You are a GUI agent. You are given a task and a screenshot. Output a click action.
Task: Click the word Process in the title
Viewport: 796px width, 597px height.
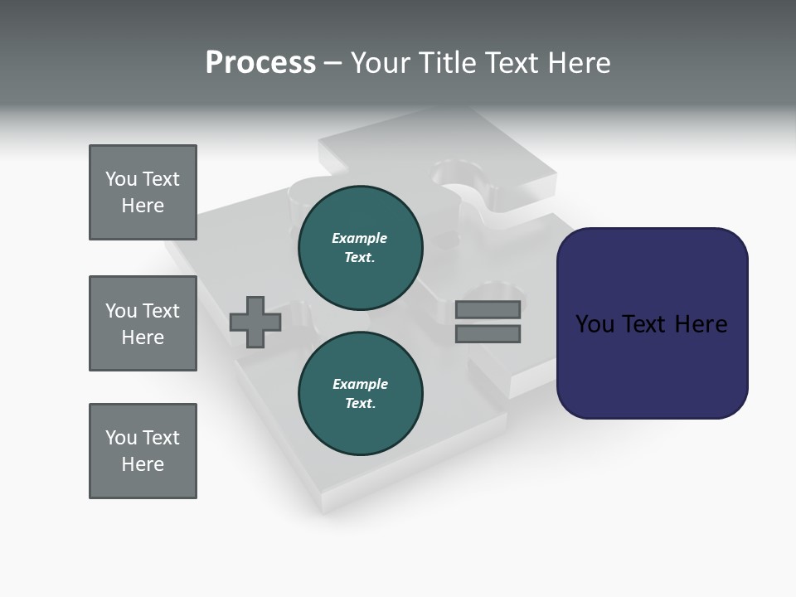pyautogui.click(x=260, y=63)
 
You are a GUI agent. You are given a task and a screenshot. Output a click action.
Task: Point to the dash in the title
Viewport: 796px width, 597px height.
pyautogui.click(x=333, y=64)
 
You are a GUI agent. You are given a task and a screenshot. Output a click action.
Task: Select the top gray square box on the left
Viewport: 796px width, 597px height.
pyautogui.click(x=143, y=192)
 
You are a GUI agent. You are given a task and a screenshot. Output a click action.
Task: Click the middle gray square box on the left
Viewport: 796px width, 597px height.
pyautogui.click(x=143, y=323)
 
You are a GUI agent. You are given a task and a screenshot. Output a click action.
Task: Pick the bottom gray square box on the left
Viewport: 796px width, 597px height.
pyautogui.click(x=143, y=451)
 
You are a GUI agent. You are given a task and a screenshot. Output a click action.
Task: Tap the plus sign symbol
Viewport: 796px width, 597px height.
pyautogui.click(x=255, y=322)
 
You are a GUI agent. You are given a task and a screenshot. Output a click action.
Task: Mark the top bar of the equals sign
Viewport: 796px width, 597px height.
pyautogui.click(x=488, y=309)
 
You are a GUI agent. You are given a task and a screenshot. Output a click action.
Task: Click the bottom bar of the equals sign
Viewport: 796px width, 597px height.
pyautogui.click(x=488, y=334)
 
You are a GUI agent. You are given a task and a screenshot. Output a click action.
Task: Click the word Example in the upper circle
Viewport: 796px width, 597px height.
pyautogui.click(x=360, y=238)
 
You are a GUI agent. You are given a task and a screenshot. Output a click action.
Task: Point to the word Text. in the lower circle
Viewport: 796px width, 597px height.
pyautogui.click(x=360, y=403)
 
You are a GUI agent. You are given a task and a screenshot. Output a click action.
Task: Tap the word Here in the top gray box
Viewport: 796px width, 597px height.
pyautogui.click(x=143, y=206)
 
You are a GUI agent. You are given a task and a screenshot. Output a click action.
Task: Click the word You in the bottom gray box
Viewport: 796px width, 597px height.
pyautogui.click(x=121, y=438)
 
